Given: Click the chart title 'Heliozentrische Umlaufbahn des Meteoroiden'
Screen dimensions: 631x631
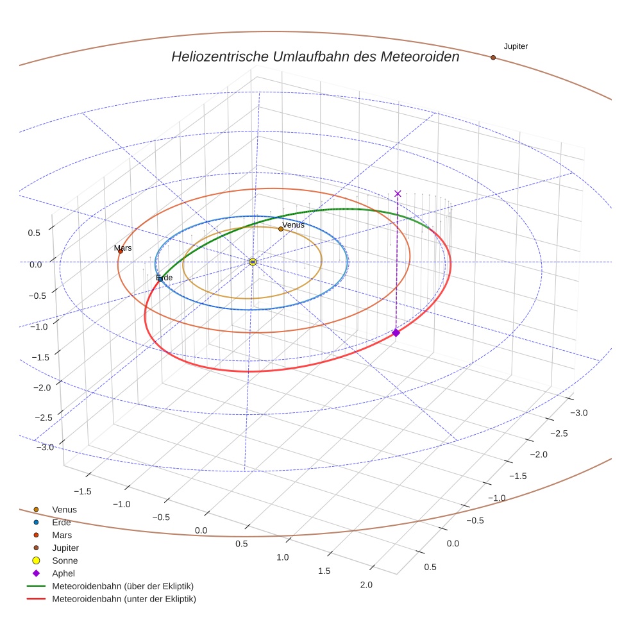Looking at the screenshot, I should pyautogui.click(x=315, y=56).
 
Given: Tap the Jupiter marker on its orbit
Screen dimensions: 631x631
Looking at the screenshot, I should pyautogui.click(x=493, y=58).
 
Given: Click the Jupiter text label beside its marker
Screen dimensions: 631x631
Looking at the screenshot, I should pyautogui.click(x=516, y=46).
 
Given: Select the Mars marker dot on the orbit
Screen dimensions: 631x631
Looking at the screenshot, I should pyautogui.click(x=120, y=251).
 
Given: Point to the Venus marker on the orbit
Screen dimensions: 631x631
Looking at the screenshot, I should pyautogui.click(x=281, y=229).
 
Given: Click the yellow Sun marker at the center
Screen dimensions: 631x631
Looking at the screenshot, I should pyautogui.click(x=253, y=262).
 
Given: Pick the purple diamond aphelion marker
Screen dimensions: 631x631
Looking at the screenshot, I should pyautogui.click(x=396, y=332).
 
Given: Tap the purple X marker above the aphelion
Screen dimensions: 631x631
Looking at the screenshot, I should pyautogui.click(x=398, y=194).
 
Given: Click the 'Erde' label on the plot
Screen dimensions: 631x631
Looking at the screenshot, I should pyautogui.click(x=164, y=278).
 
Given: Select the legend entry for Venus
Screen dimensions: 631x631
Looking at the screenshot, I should pyautogui.click(x=64, y=510).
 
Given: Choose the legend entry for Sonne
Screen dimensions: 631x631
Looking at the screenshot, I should pyautogui.click(x=65, y=560).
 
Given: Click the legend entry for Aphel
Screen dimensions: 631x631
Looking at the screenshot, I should pyautogui.click(x=63, y=573).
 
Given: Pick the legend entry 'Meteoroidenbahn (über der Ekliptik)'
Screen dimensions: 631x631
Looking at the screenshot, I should pyautogui.click(x=122, y=586).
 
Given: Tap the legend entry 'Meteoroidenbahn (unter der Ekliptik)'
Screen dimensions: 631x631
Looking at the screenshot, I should pyautogui.click(x=124, y=599).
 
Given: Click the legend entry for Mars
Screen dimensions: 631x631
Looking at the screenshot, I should pyautogui.click(x=62, y=535).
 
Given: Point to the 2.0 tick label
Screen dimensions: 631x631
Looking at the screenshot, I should pyautogui.click(x=366, y=584).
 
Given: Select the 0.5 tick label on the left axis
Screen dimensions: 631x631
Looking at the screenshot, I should pyautogui.click(x=35, y=233).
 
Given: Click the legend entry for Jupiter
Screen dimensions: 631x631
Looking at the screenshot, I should pyautogui.click(x=65, y=548).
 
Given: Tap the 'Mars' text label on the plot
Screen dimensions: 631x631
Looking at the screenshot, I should pyautogui.click(x=122, y=248).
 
